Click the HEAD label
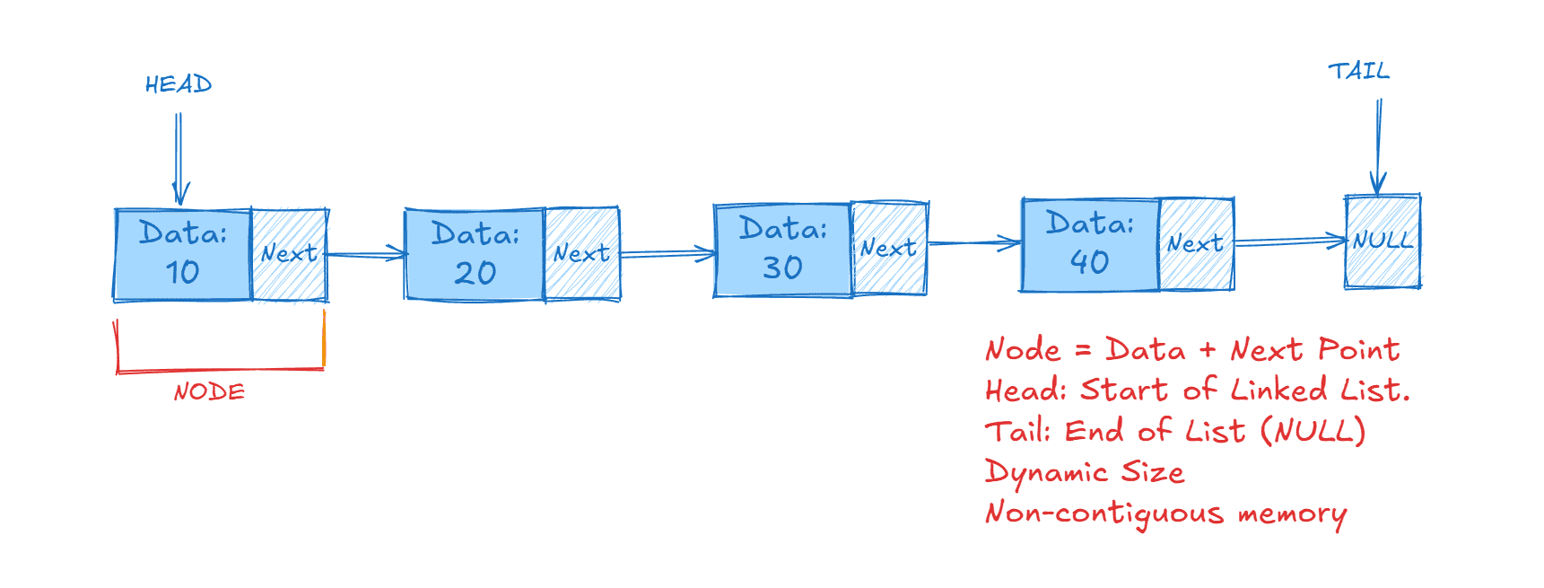click(x=179, y=84)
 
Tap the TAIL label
click(x=1358, y=71)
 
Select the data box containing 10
click(x=183, y=254)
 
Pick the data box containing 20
click(x=475, y=254)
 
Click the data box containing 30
click(x=782, y=250)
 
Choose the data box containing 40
click(x=1090, y=244)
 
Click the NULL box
click(x=1383, y=241)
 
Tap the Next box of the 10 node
click(x=290, y=254)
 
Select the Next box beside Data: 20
click(x=582, y=254)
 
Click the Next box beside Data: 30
click(x=889, y=249)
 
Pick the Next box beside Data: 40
click(x=1196, y=244)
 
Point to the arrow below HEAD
click(x=179, y=157)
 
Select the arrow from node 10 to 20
click(x=366, y=255)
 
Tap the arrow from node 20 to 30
click(x=667, y=254)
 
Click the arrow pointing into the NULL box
click(x=1290, y=241)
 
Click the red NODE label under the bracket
click(x=209, y=392)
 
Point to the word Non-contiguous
click(x=1104, y=513)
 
